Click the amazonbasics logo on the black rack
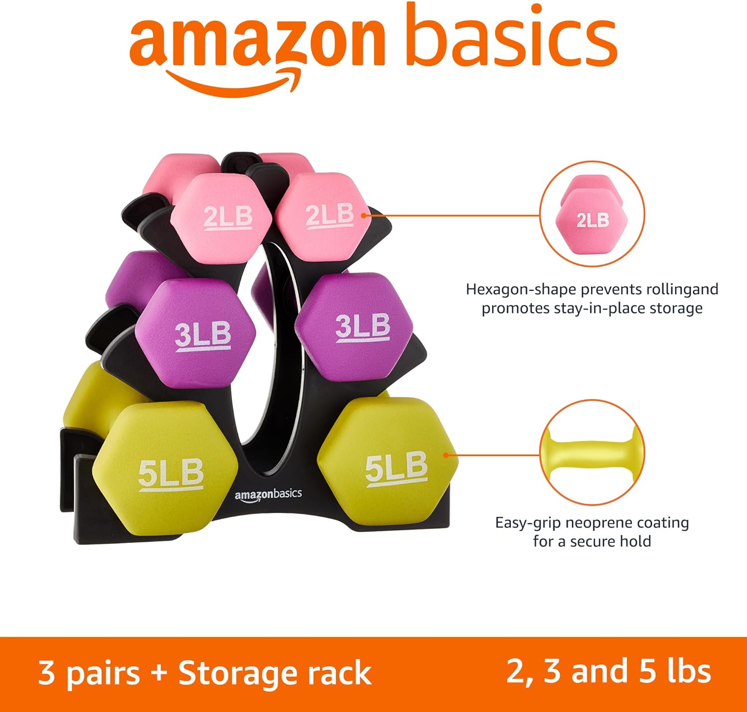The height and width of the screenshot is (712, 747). click(x=268, y=495)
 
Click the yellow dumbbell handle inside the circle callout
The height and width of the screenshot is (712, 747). click(x=592, y=452)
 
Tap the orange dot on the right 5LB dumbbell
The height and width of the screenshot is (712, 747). click(x=446, y=455)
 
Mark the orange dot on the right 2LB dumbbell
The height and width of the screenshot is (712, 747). click(x=364, y=215)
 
